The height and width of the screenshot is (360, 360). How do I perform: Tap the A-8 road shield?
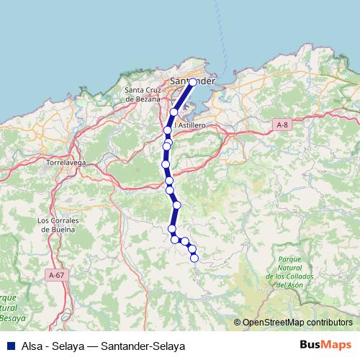point(283,125)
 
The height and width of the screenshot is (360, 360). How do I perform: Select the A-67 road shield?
point(55,275)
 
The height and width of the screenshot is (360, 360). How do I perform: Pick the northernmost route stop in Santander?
point(193,83)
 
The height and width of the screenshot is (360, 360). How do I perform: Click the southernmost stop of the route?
point(194,258)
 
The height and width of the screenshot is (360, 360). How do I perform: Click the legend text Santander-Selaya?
point(143,346)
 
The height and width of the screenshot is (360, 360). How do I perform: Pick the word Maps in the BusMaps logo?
point(338,346)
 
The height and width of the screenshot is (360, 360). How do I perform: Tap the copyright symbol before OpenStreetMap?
point(238,323)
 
